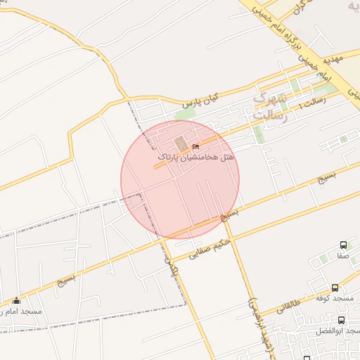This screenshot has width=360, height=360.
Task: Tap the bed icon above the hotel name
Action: [x=195, y=146]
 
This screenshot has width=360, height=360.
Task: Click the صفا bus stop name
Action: [x=342, y=256]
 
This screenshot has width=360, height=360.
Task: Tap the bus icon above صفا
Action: [x=343, y=245]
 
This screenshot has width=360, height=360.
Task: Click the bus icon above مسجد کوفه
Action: [x=335, y=288]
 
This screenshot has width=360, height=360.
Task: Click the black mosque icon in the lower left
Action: [x=17, y=300]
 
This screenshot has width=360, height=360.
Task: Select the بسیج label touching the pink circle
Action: [x=231, y=214]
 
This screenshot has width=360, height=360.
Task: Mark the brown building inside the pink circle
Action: [x=181, y=145]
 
